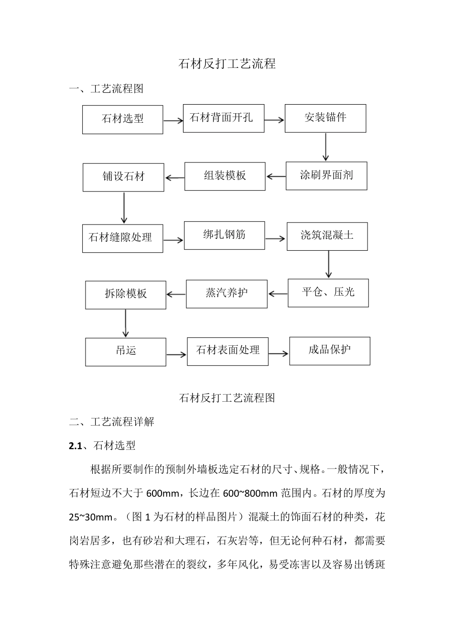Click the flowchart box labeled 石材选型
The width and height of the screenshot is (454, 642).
(x=122, y=119)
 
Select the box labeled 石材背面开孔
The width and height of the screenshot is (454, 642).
(x=223, y=118)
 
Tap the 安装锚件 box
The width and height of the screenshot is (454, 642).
(x=325, y=118)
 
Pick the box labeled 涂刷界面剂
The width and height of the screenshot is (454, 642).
(x=326, y=176)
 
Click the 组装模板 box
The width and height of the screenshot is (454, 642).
(x=225, y=176)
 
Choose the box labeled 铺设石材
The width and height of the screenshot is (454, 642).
(x=123, y=177)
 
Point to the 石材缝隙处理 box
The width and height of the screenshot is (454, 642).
(x=122, y=238)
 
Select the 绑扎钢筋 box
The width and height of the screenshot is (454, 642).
(x=224, y=235)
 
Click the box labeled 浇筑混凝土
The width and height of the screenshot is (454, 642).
(x=327, y=236)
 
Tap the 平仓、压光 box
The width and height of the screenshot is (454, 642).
(x=328, y=292)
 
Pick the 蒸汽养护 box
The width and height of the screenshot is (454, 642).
(x=227, y=293)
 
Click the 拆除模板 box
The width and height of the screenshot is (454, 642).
(x=126, y=294)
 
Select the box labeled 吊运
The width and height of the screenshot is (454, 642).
(x=126, y=352)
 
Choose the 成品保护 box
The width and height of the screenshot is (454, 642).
(x=329, y=351)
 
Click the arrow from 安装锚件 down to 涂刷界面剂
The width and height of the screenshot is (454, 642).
(x=326, y=147)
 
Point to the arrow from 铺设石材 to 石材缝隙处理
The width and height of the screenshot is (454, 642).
(x=124, y=208)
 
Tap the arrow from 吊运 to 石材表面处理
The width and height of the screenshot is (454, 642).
(x=176, y=354)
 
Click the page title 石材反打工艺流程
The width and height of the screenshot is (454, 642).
(x=227, y=64)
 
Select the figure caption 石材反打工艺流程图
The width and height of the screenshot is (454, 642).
(x=227, y=397)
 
